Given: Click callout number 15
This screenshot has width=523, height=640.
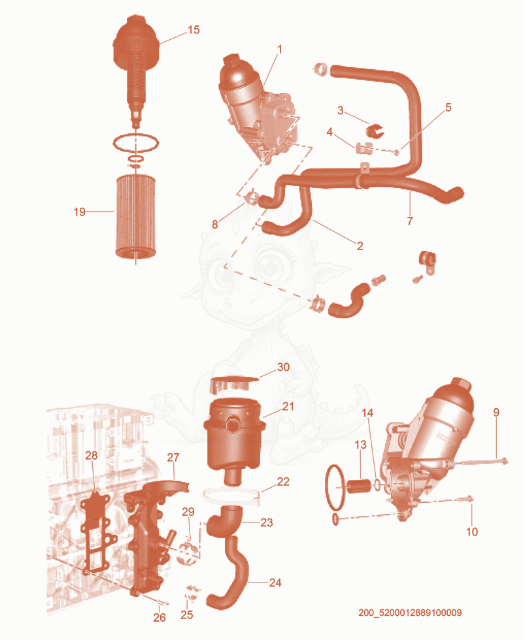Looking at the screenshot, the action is tap(194, 30).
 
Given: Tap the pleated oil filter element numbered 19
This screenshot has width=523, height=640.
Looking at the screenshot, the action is tap(135, 216).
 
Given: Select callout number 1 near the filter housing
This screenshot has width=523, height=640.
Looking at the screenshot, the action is tap(280, 50).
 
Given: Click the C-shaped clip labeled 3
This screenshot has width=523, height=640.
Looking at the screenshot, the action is tap(374, 131).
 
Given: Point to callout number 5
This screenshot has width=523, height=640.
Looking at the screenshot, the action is tap(448, 107).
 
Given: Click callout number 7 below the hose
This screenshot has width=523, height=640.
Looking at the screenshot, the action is tap(410, 221).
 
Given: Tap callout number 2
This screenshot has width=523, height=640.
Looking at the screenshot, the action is tap(360, 246).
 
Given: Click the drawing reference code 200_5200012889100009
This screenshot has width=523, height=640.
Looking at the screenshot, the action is tap(410, 613).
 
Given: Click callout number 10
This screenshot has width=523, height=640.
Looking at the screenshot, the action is tap(472, 532).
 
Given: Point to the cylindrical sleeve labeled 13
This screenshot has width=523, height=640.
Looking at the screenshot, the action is tap(359, 486).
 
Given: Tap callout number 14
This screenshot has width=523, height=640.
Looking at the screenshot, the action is tap(367, 413).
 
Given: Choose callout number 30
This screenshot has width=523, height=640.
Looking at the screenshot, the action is tap(283, 367).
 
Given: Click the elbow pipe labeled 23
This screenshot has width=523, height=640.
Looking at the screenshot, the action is tap(224, 519).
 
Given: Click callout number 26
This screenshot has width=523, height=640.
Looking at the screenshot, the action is tap(160, 618).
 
